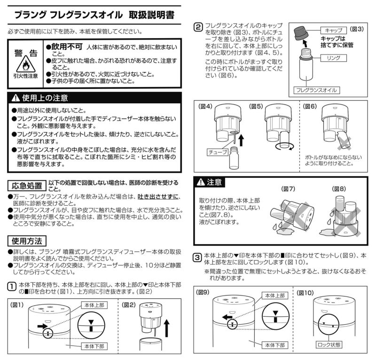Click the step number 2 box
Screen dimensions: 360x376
tap(198, 27)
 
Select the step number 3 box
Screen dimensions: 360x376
tap(198, 257)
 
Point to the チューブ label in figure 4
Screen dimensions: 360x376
tap(217, 152)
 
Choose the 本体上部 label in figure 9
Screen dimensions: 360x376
tap(274, 295)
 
